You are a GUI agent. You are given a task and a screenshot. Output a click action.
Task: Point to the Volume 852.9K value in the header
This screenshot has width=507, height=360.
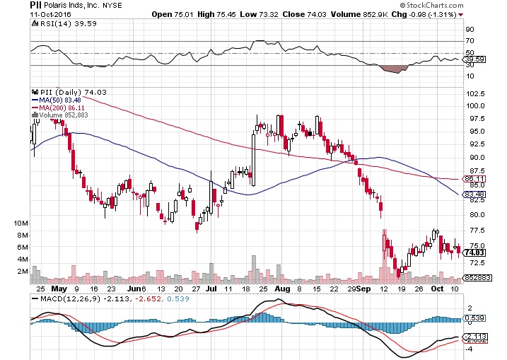pyautogui.click(x=396, y=13)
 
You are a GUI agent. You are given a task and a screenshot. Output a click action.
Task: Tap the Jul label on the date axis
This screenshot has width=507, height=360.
pyautogui.click(x=210, y=289)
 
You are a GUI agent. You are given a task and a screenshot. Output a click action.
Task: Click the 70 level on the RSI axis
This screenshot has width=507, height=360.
pyautogui.click(x=469, y=41)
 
